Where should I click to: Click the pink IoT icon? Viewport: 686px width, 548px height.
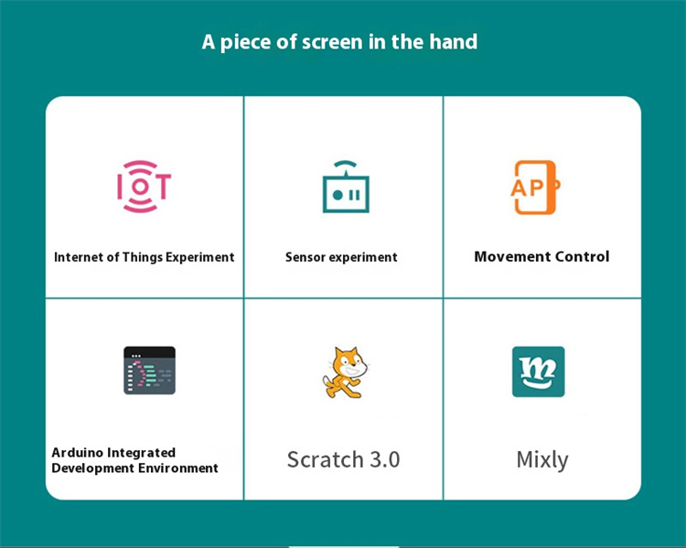tap(144, 187)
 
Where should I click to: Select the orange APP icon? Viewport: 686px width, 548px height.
tap(535, 188)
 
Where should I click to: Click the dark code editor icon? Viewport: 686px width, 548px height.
tap(149, 371)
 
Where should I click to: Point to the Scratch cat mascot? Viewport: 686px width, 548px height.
tap(346, 372)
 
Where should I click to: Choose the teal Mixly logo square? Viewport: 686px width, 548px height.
tap(538, 371)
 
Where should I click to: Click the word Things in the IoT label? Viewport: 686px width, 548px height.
tap(143, 257)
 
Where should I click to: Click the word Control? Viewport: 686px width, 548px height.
tap(574, 256)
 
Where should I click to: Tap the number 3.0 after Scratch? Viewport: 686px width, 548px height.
tap(385, 459)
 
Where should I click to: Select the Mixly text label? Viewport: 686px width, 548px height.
tap(542, 460)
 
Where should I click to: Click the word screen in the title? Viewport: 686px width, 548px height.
tap(332, 42)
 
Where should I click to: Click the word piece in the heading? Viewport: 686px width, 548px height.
tap(245, 43)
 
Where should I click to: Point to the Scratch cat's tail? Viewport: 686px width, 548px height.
tap(328, 386)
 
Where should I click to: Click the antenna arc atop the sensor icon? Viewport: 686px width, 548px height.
tap(345, 164)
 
